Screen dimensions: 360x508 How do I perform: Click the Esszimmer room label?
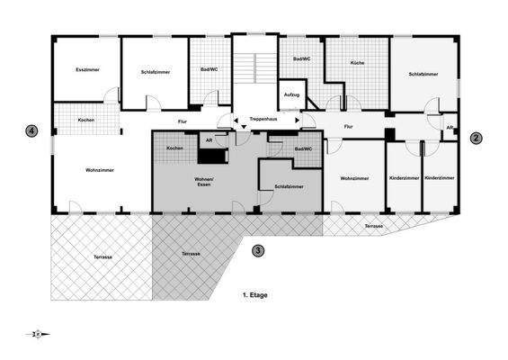(87, 67)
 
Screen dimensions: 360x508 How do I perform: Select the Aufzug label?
(291, 94)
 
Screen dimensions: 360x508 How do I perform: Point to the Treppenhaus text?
(263, 120)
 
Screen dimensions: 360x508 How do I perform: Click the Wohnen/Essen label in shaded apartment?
(205, 182)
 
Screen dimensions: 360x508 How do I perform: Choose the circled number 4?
(32, 131)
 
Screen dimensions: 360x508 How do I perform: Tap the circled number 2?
(477, 138)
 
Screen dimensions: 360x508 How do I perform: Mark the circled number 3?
(258, 250)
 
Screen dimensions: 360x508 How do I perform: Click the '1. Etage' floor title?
(255, 295)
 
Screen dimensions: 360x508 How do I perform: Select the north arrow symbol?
(38, 334)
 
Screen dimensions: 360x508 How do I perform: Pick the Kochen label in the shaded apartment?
(175, 148)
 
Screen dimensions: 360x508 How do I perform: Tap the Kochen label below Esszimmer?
(86, 120)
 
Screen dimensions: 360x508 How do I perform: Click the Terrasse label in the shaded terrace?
(191, 255)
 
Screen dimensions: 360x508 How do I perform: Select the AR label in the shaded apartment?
(209, 141)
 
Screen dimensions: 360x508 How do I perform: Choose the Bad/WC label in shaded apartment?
(303, 148)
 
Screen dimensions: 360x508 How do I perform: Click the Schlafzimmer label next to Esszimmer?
(157, 72)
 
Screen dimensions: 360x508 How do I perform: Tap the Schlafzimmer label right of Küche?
(424, 75)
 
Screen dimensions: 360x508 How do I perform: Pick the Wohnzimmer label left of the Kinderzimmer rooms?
(355, 179)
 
